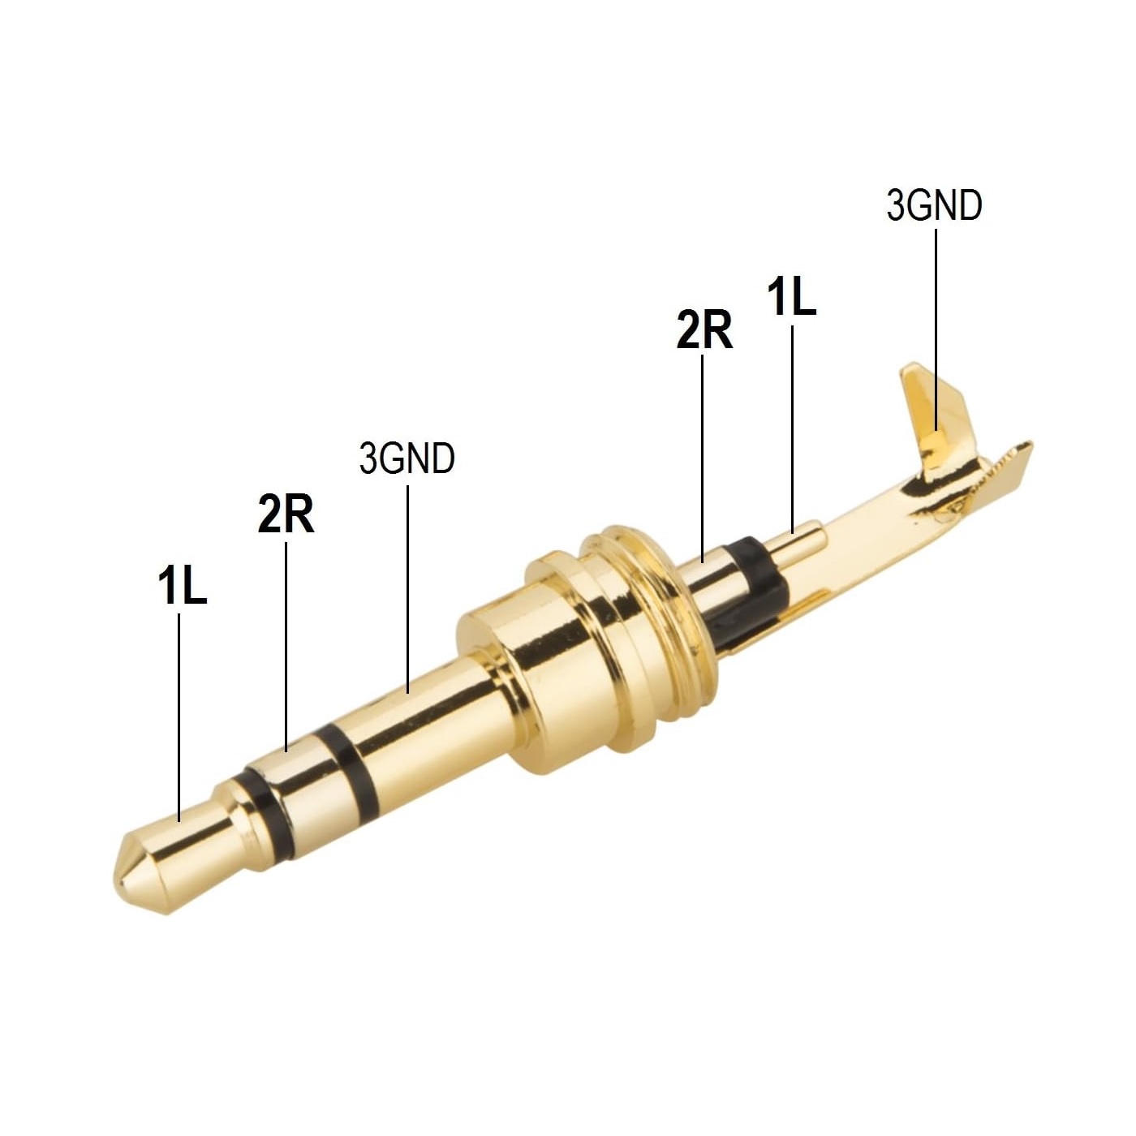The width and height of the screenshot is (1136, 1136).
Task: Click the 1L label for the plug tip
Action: pyautogui.click(x=182, y=585)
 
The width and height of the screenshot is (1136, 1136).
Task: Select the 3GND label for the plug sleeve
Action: pyautogui.click(x=407, y=458)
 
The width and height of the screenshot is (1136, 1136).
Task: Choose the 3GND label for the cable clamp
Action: pyautogui.click(x=935, y=205)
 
